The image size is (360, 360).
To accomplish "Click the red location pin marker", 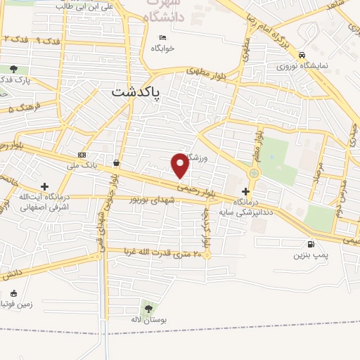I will (181, 165).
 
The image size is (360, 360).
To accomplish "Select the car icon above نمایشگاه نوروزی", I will (302, 55).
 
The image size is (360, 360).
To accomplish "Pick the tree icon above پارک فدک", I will (14, 69).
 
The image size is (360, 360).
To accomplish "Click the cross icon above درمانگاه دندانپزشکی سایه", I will (245, 191).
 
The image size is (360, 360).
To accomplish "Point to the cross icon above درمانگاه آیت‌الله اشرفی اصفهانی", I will (45, 187).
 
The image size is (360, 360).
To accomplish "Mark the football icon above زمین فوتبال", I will (13, 293).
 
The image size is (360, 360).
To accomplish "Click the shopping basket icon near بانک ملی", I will (115, 162).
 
